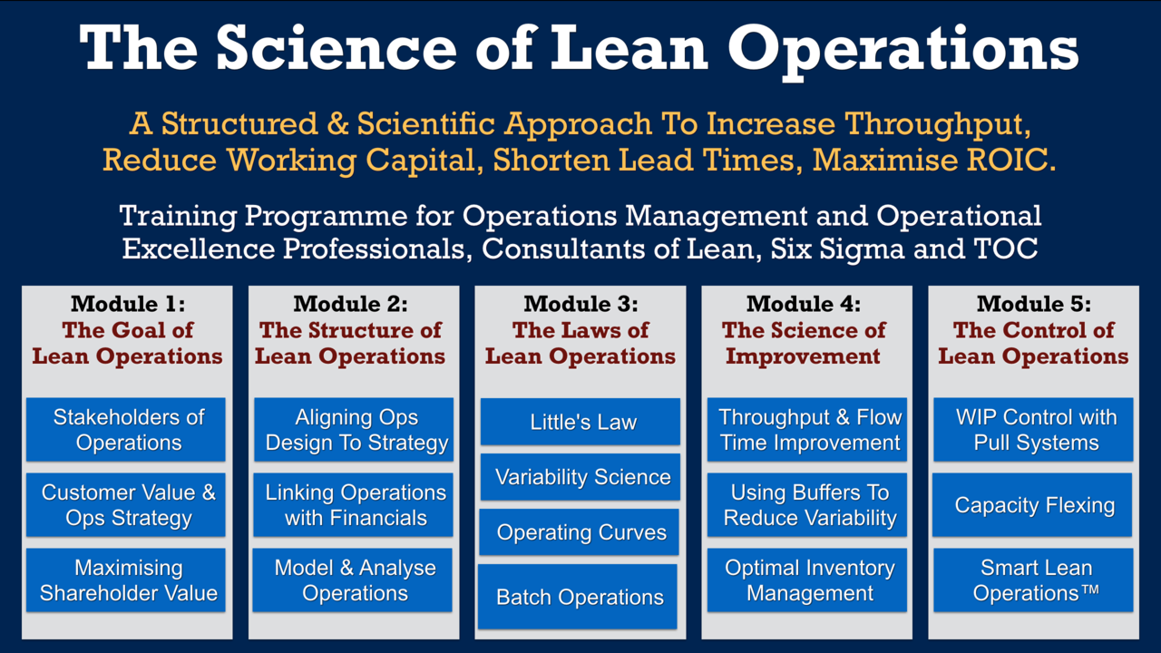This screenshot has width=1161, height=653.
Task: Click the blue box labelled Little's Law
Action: point(580,422)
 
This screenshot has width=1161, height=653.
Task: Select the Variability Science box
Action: point(580,477)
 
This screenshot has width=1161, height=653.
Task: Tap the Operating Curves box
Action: point(579,532)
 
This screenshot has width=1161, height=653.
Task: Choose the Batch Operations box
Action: point(578,597)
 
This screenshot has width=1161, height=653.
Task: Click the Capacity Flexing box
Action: point(1032,505)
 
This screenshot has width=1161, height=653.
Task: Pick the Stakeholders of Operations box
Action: point(126,430)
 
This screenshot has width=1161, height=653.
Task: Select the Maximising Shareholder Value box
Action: point(126,580)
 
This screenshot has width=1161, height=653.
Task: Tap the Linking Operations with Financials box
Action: point(353,505)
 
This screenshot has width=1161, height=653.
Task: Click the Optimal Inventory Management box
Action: point(807,580)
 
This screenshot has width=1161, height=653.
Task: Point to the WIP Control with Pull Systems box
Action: point(1033,430)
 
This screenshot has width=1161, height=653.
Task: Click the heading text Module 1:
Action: point(128,304)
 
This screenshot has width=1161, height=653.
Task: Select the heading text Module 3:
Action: point(581,304)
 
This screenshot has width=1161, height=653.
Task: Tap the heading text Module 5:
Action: point(1034,304)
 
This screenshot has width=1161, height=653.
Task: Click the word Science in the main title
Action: point(337,48)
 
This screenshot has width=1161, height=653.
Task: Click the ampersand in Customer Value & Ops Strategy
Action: point(209,492)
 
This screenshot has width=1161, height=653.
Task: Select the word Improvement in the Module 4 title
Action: point(803,356)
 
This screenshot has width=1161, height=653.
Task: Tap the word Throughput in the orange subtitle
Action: point(937,124)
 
